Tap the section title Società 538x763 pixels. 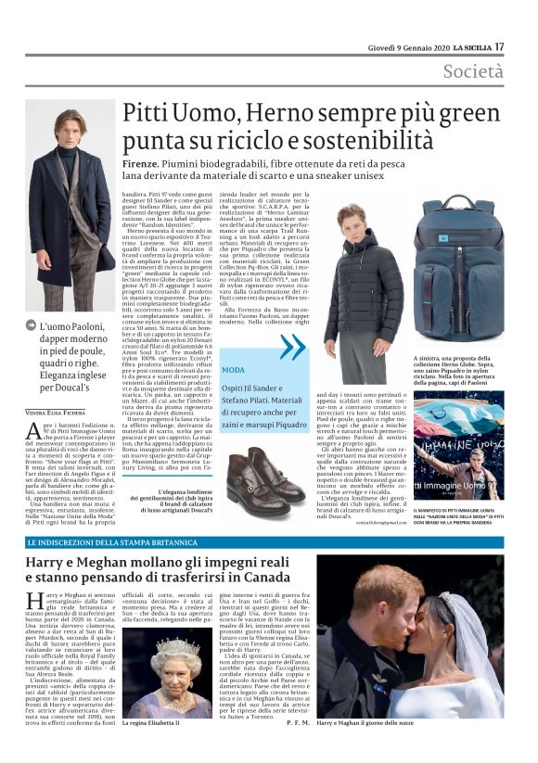coord(473,71)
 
